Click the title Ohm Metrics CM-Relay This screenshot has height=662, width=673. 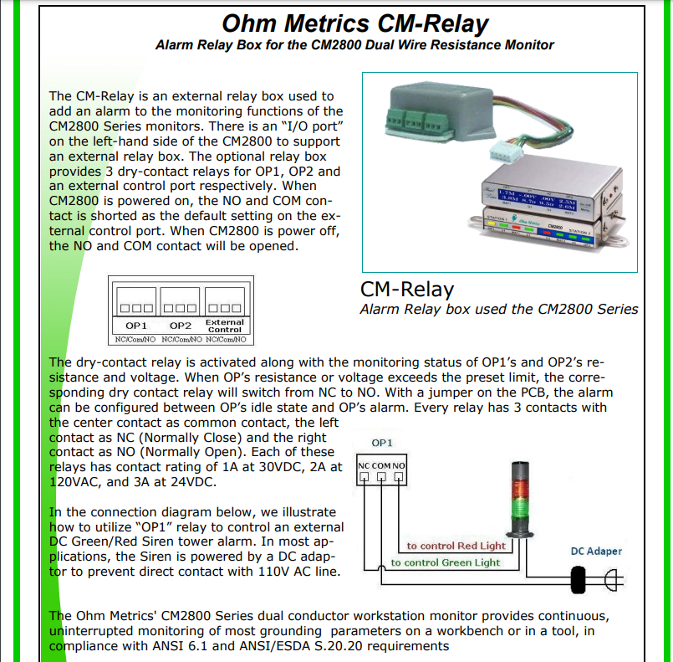coord(355,23)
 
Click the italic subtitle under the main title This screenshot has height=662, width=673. coord(354,44)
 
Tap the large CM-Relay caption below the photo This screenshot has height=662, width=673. coord(406,289)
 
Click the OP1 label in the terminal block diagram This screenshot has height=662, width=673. coord(136,324)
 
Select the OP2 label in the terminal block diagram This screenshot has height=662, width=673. coord(181,324)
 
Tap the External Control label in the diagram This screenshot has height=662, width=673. coord(224,326)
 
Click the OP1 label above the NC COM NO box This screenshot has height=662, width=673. coord(382,442)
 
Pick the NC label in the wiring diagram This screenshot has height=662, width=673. coord(365,465)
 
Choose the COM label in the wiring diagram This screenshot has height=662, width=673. coord(381,465)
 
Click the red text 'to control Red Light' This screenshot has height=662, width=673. coord(456,546)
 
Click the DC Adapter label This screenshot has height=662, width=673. coord(596,551)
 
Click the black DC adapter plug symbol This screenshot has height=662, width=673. coord(579,579)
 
